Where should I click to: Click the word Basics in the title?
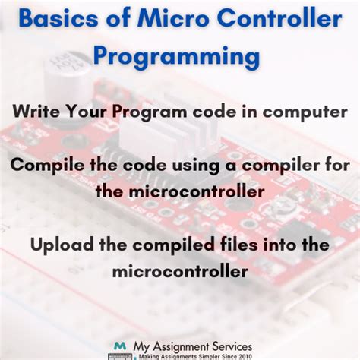(58, 19)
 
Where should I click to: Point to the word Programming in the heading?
(177, 57)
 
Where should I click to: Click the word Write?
(36, 111)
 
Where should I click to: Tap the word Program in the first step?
(150, 112)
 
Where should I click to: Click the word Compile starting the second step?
(47, 166)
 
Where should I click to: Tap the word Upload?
(62, 245)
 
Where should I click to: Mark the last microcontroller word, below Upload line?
(180, 271)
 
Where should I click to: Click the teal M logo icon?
(120, 346)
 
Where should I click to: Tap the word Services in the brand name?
(232, 346)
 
